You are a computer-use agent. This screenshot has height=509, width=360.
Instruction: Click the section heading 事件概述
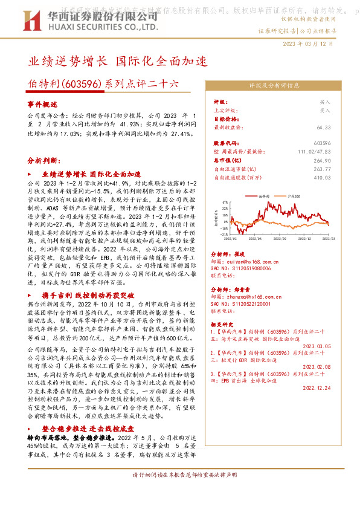coord(42,104)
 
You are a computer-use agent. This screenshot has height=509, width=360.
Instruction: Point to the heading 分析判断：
coord(44,161)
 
